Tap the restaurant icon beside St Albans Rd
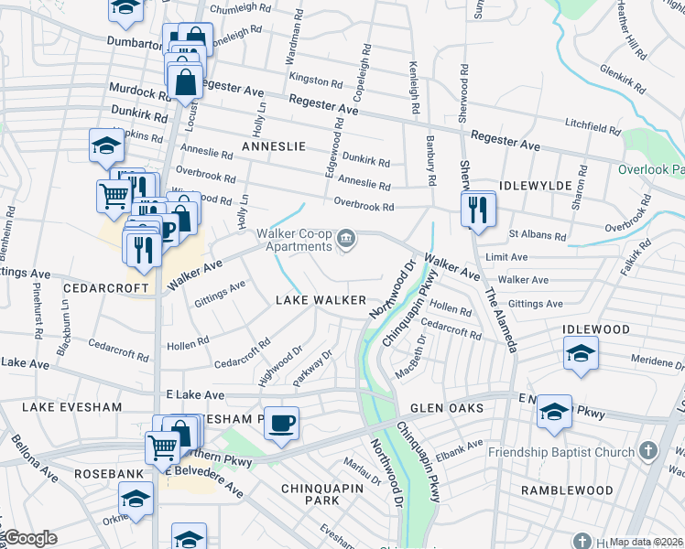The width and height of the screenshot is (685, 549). pyautogui.click(x=478, y=209)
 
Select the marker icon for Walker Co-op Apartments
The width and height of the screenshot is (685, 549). pyautogui.click(x=346, y=239)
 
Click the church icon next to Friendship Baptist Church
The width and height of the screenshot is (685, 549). pyautogui.click(x=648, y=452)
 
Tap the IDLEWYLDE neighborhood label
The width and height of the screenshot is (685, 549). pyautogui.click(x=536, y=186)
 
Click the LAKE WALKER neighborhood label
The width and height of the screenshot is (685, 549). pyautogui.click(x=321, y=301)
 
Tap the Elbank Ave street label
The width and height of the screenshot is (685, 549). pyautogui.click(x=461, y=449)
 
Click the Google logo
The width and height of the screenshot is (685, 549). pyautogui.click(x=29, y=539)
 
